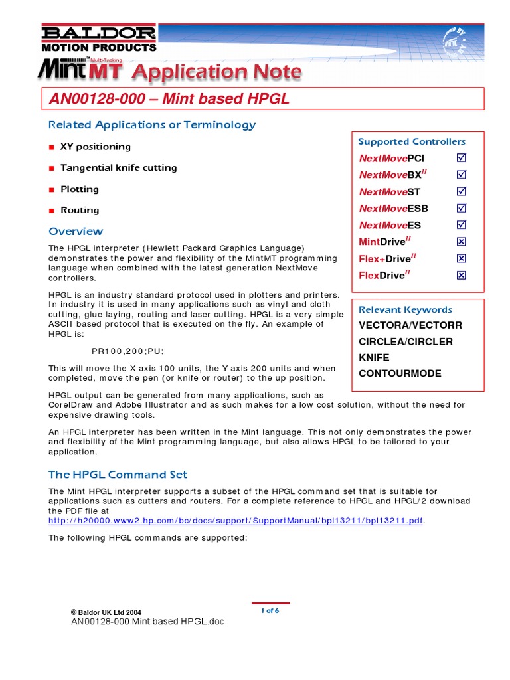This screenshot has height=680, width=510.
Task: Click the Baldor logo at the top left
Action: pos(99,39)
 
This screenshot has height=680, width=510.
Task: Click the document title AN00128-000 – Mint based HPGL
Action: pos(169,99)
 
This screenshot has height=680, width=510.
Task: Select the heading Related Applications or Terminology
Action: pos(152,125)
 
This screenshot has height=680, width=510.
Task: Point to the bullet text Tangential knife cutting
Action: pos(118,168)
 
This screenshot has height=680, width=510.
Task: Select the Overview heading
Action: pos(76,232)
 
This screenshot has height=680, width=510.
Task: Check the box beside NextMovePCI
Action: pos(462,158)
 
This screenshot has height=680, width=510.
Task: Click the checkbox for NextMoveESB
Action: pos(462,208)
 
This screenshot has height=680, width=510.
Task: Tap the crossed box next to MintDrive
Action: pos(462,242)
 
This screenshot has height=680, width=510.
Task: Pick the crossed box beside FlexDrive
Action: pos(462,275)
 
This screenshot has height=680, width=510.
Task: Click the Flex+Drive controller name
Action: pos(384,259)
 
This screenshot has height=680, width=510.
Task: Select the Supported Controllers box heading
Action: pos(412,141)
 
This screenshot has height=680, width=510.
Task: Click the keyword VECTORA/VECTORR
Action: pos(410,325)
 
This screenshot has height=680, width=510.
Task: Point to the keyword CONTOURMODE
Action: pos(400,373)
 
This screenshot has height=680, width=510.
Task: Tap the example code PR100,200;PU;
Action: pos(127,351)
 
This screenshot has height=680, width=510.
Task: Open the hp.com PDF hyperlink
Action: pos(236,520)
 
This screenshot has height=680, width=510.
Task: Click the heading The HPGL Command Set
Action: pos(118,475)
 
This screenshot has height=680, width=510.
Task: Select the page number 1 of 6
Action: pos(270,610)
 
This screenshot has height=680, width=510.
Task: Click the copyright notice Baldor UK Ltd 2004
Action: pos(106,612)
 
